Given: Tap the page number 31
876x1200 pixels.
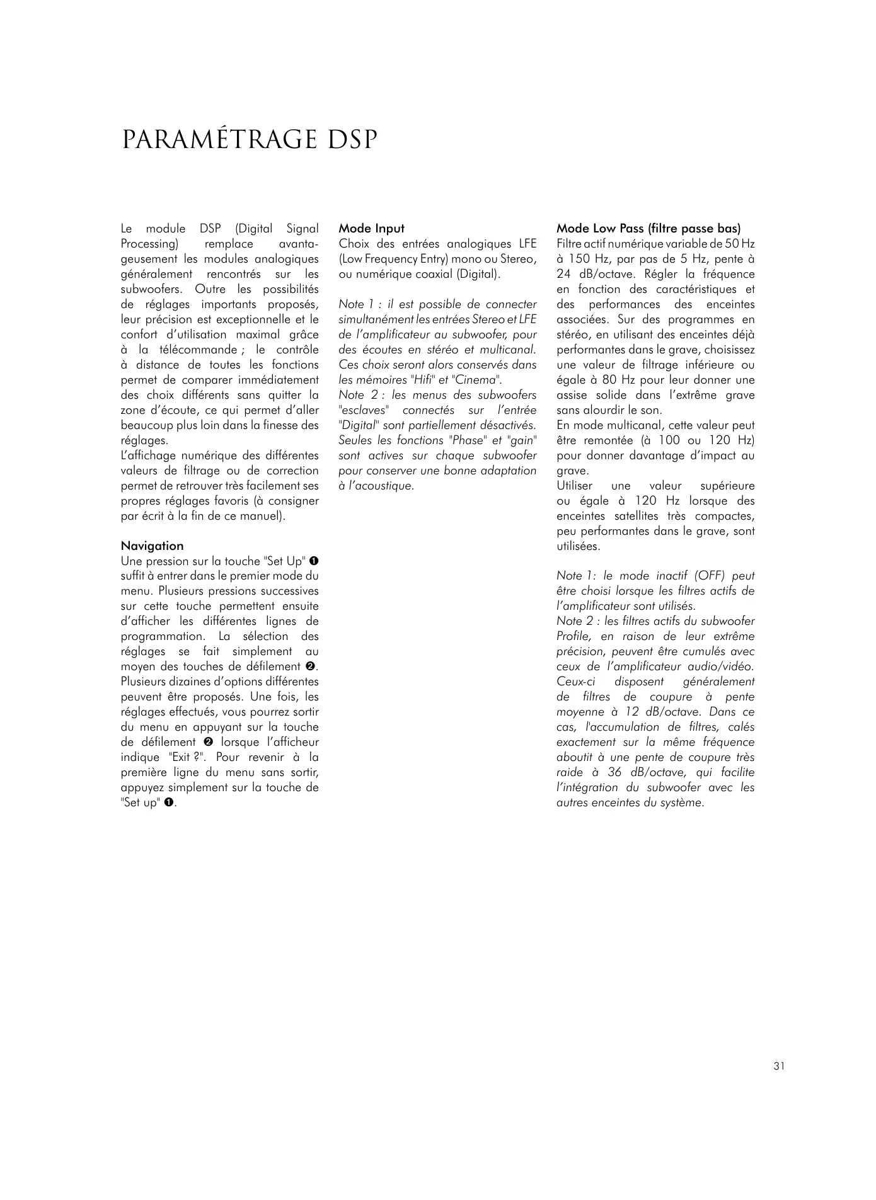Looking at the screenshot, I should (779, 1066).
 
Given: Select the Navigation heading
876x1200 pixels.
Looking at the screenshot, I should (152, 546).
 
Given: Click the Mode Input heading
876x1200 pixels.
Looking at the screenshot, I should (371, 229).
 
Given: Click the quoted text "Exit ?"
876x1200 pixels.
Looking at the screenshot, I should (185, 757).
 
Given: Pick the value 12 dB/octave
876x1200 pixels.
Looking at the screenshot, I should (667, 712).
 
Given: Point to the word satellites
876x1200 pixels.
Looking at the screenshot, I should (631, 516).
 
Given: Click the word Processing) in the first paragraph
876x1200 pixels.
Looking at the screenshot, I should (150, 244).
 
